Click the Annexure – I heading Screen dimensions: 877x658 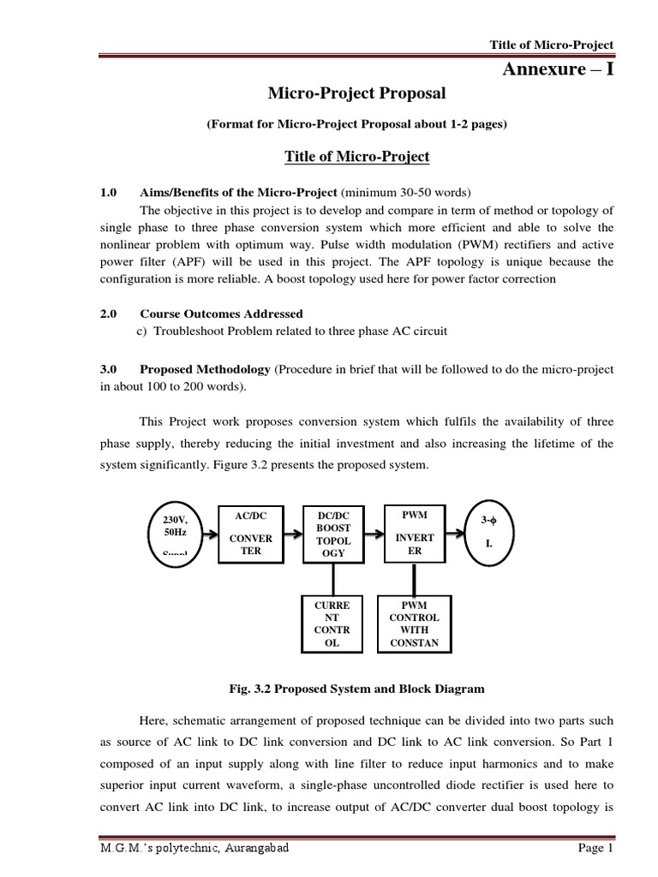click(557, 69)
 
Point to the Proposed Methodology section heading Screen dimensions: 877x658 click(205, 368)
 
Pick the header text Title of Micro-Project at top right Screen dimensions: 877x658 click(551, 45)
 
